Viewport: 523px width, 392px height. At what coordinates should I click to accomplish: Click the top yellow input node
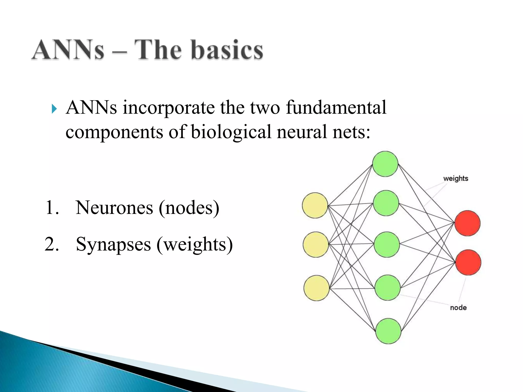(315, 205)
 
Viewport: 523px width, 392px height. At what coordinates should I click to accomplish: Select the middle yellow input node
(316, 244)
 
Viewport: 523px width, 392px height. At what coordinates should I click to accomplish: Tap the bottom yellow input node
(316, 288)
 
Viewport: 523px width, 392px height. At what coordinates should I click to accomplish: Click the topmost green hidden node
(385, 164)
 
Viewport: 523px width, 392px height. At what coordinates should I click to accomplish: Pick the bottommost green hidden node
(388, 331)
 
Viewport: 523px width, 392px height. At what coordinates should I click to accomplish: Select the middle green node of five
(387, 244)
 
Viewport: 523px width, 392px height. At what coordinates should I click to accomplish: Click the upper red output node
(467, 223)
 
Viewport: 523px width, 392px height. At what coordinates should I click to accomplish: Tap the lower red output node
(468, 262)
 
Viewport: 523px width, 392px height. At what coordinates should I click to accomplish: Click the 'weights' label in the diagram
(456, 178)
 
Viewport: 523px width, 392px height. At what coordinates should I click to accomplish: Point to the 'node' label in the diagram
(458, 308)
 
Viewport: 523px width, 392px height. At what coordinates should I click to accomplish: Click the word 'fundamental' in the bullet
(336, 108)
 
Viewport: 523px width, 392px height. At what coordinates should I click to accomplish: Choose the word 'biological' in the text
(231, 132)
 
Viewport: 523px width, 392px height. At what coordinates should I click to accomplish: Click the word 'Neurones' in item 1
(114, 207)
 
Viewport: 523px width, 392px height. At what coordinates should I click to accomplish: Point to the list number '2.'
(52, 244)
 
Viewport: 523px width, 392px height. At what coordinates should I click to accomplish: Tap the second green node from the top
(386, 203)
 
